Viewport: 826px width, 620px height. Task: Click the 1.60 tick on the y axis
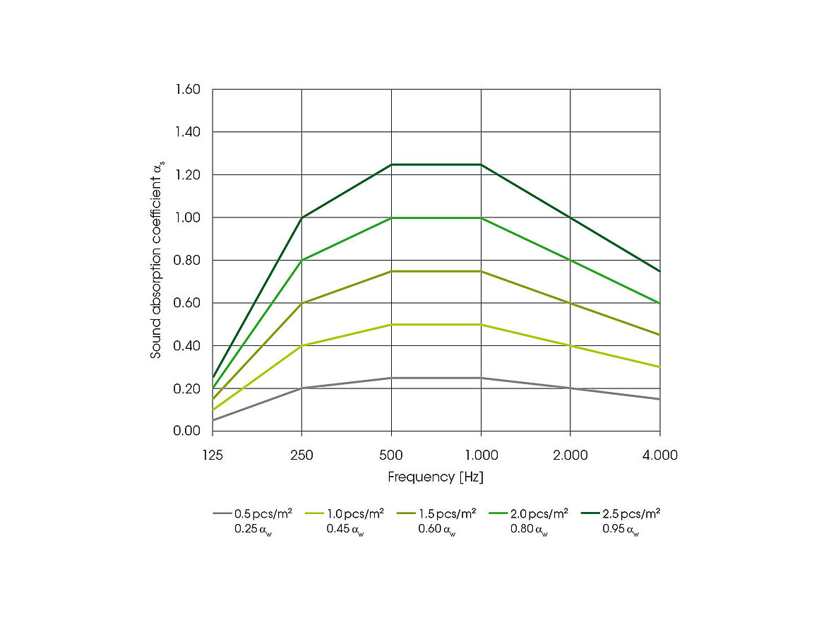tap(188, 90)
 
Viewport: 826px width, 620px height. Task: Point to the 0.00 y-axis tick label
tap(188, 431)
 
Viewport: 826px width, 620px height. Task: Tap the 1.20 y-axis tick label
tap(188, 175)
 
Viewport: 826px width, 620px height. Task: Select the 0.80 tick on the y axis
tap(188, 261)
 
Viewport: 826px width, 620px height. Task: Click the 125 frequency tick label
tap(213, 455)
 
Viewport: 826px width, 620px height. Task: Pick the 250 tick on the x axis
tap(302, 455)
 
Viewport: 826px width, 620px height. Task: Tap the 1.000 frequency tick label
tap(481, 455)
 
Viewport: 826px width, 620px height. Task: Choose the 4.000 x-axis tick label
tap(659, 455)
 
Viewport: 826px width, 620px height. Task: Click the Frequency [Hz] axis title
tap(436, 477)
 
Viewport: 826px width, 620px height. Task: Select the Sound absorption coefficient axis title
tap(157, 260)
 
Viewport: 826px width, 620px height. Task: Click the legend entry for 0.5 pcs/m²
tap(263, 513)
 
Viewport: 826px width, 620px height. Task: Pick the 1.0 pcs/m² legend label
tap(355, 513)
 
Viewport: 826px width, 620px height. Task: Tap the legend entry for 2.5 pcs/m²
tap(631, 513)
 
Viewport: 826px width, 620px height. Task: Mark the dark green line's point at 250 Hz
tap(302, 217)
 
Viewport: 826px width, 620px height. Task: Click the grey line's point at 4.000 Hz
tap(659, 399)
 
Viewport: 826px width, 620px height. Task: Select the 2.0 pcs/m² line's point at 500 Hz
tap(392, 218)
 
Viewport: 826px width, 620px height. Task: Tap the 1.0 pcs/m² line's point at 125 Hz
tap(213, 410)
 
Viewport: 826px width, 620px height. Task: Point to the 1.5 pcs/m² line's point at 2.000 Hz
tap(570, 303)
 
